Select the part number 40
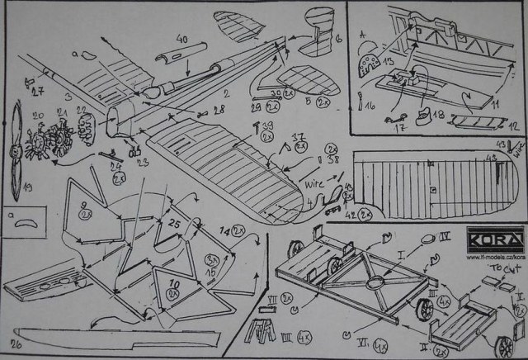coord(181,39)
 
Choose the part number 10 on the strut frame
coord(173,285)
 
